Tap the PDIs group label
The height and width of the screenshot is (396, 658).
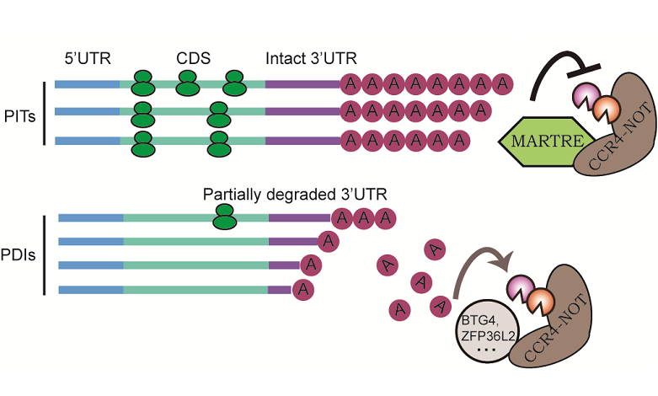[x=21, y=252]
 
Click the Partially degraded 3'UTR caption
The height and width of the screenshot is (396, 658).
[x=295, y=193]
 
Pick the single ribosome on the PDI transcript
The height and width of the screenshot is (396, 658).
[x=224, y=217]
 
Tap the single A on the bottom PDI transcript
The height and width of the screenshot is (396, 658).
[x=303, y=290]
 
